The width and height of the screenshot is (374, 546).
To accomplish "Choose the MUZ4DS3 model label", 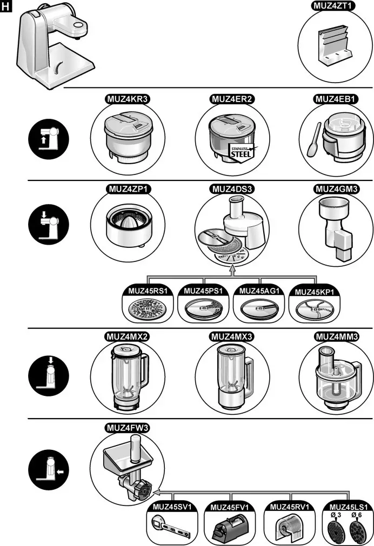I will (x=231, y=190).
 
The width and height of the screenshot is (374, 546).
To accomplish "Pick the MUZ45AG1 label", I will (x=259, y=291).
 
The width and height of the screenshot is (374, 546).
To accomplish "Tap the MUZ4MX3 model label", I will (x=231, y=336).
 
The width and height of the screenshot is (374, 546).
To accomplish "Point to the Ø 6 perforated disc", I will (x=356, y=529).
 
